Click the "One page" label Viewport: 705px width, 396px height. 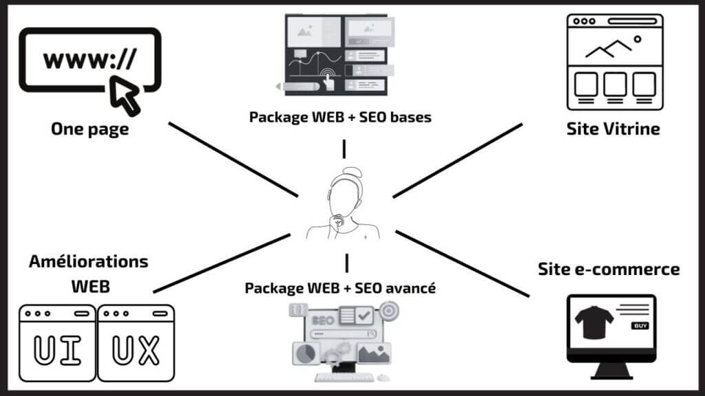point(90,129)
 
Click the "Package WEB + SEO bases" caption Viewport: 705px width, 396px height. point(340,117)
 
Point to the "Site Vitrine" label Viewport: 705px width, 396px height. point(613,129)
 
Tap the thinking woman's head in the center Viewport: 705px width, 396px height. point(347,192)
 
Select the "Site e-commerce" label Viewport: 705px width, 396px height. point(609,269)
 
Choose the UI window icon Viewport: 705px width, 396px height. point(58,344)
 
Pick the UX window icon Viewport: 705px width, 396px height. point(136,344)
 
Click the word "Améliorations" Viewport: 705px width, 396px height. point(89,262)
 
